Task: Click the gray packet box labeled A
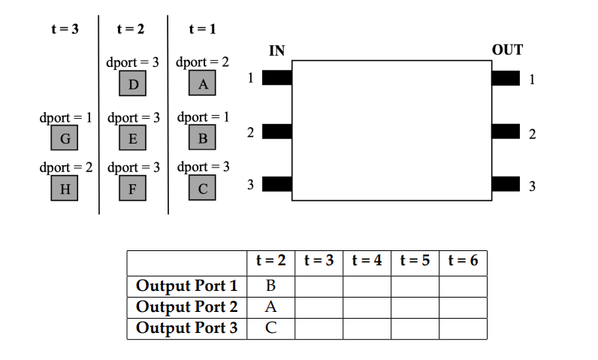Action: point(202,83)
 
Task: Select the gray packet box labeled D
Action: point(133,83)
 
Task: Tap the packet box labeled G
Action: point(65,138)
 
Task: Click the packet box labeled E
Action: point(133,138)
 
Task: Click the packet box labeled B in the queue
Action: point(202,138)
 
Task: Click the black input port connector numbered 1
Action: point(276,77)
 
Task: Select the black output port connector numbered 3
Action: point(506,185)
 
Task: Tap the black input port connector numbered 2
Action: point(276,132)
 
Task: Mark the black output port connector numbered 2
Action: point(506,132)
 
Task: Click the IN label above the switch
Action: point(276,51)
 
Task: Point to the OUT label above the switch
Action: point(507,51)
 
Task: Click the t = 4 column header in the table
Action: point(367,262)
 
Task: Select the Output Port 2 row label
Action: point(186,307)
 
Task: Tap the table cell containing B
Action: point(270,286)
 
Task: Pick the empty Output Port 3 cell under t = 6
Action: point(463,328)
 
